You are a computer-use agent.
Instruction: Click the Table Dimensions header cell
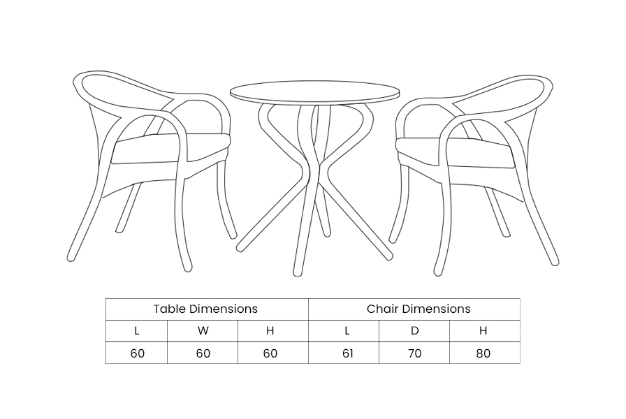207,309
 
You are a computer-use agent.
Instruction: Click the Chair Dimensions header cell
414,309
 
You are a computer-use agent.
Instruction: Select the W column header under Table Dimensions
203,331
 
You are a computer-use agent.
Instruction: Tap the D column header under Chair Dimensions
414,331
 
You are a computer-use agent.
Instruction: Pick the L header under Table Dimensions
136,331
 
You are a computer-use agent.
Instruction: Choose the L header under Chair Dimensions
347,331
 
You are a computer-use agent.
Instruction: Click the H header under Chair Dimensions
483,331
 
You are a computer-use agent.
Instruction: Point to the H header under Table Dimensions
270,331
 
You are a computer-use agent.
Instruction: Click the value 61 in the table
348,353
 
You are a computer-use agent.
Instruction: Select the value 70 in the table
415,353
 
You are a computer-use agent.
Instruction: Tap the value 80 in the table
483,353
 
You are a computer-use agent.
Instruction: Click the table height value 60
270,353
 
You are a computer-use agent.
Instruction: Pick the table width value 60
203,353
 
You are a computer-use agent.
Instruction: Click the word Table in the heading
170,309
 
